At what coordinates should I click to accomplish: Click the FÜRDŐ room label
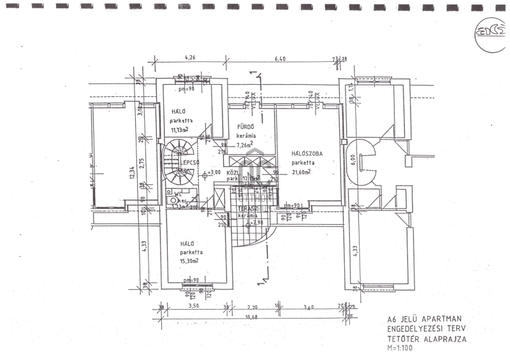(x=246, y=127)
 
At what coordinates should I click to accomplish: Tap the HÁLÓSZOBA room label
(x=307, y=154)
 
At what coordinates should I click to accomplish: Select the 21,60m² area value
(x=301, y=172)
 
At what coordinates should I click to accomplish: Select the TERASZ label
(x=248, y=208)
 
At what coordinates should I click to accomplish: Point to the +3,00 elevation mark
(x=214, y=172)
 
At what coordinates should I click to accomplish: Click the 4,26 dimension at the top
(x=190, y=58)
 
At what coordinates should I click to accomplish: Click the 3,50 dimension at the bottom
(x=194, y=306)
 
